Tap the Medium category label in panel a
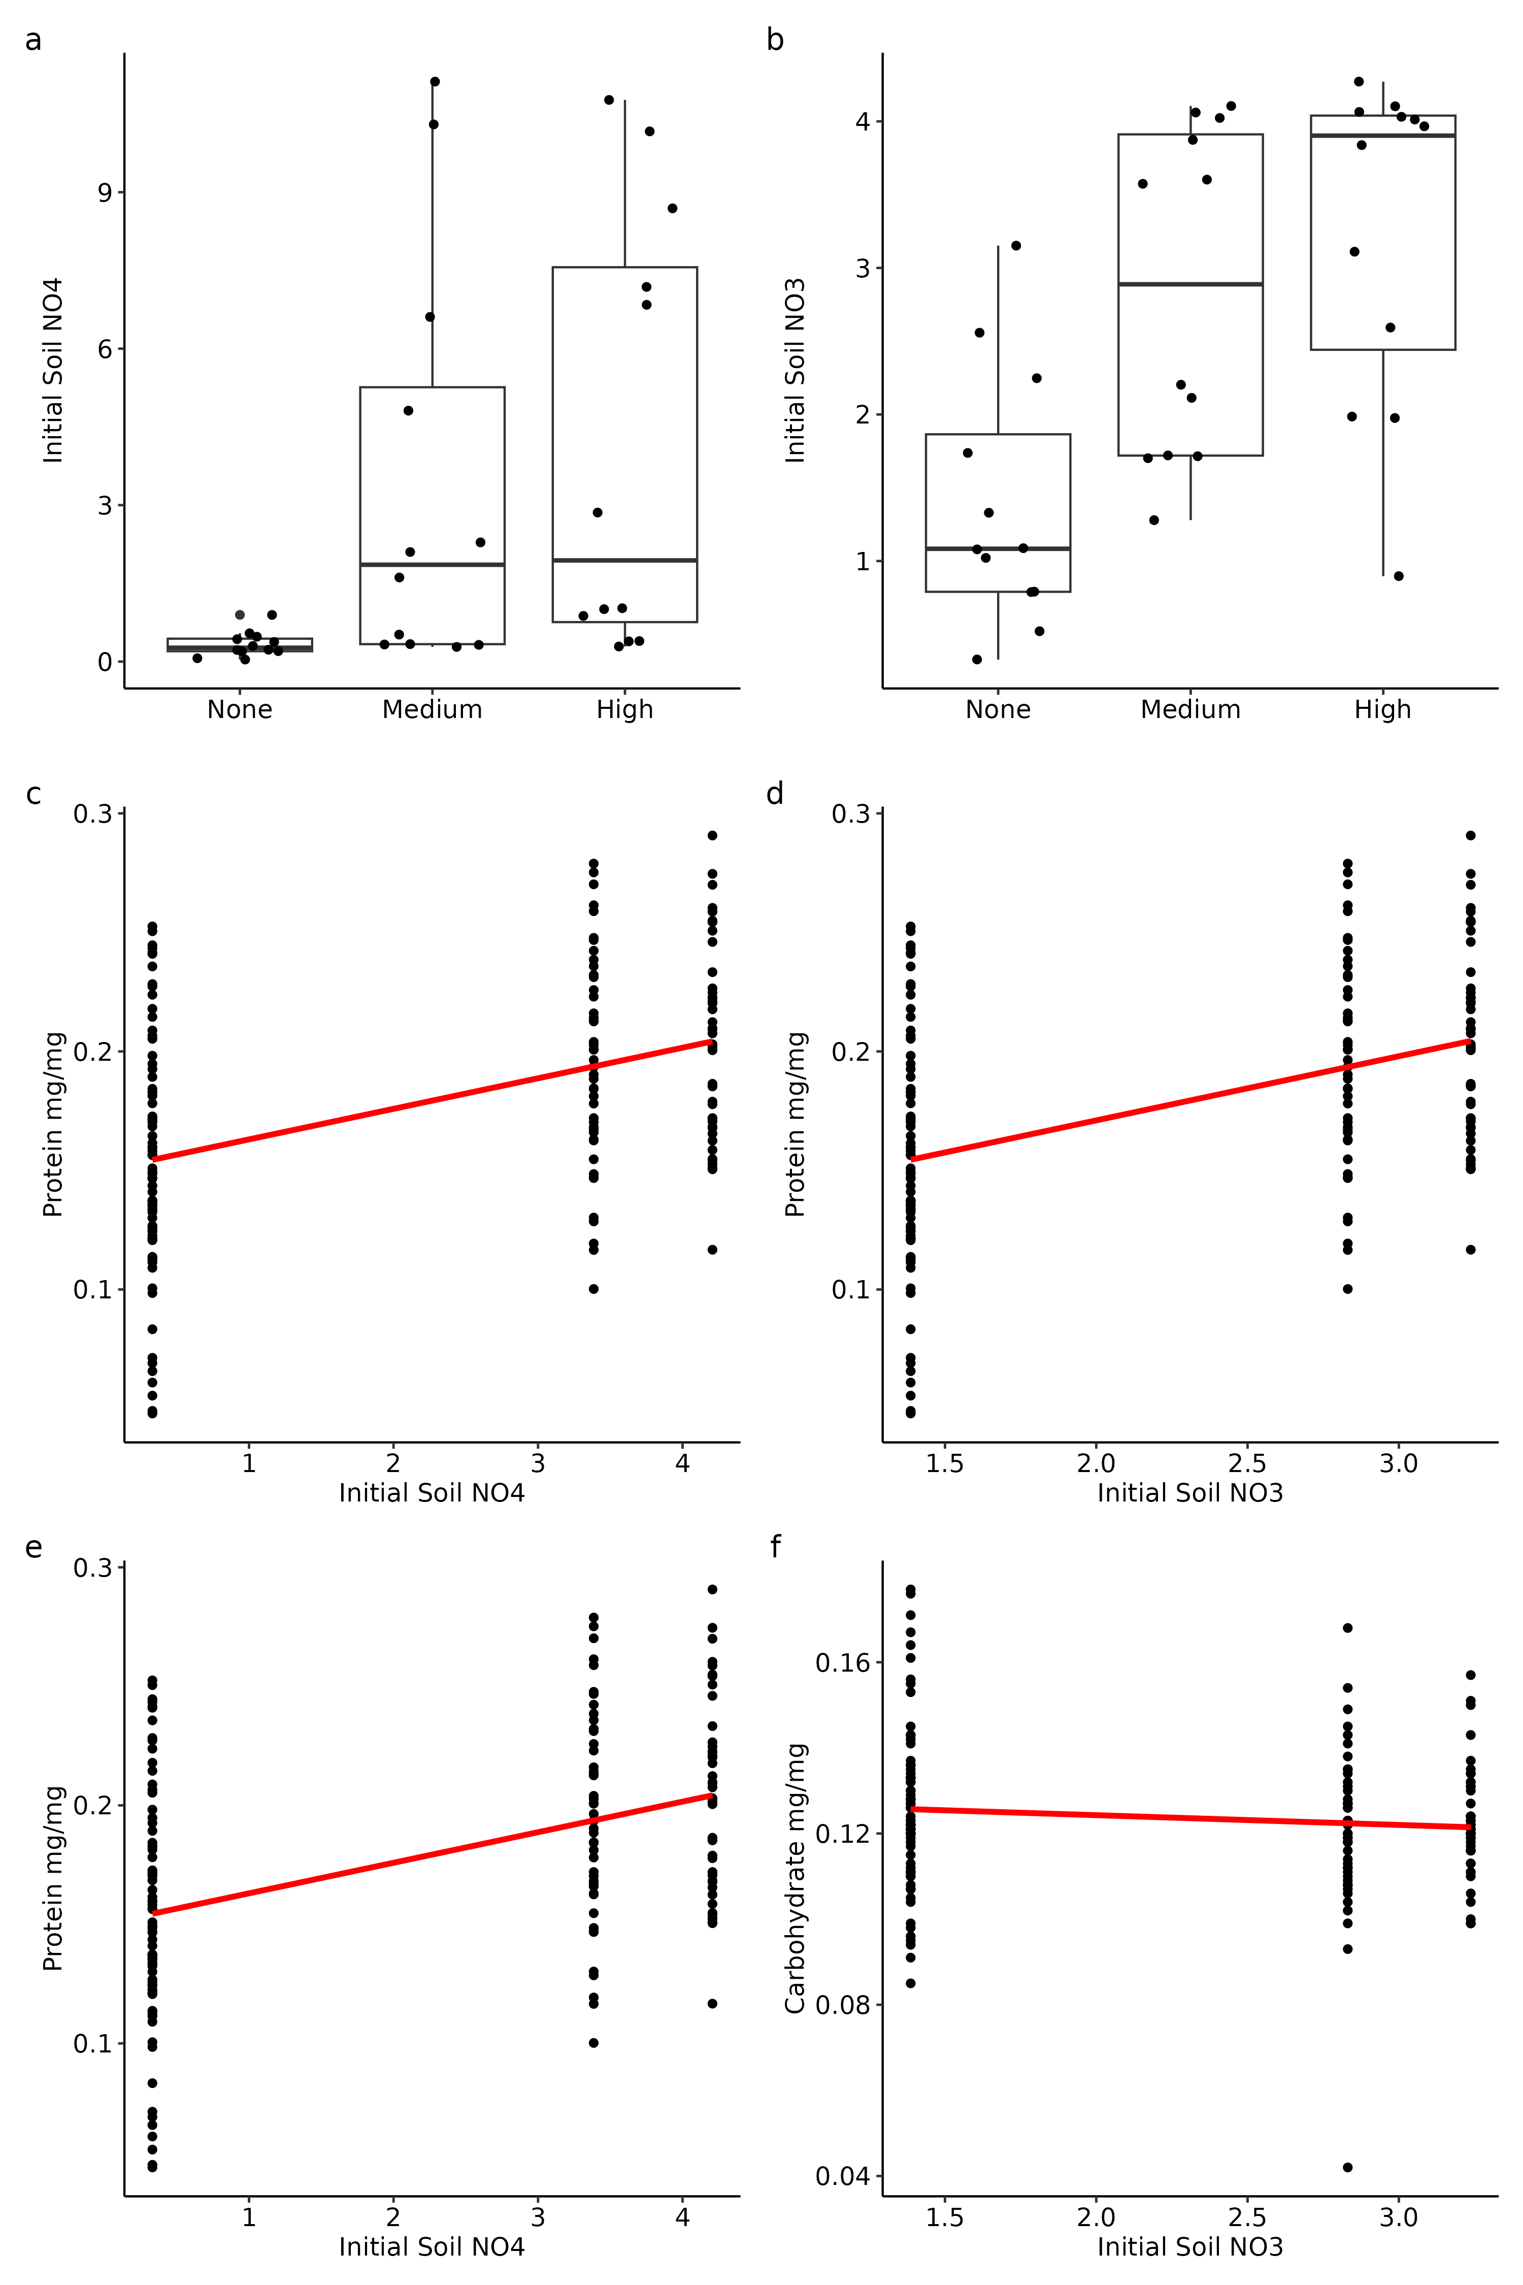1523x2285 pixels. coord(432,709)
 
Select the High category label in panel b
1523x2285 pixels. coord(1382,709)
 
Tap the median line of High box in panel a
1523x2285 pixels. coord(624,561)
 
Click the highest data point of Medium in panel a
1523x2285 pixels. coord(435,82)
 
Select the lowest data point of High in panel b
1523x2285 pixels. coord(1399,576)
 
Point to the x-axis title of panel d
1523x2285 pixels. coord(1190,1493)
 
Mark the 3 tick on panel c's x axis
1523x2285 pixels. coord(537,1463)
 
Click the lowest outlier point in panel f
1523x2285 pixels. coord(1347,2167)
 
